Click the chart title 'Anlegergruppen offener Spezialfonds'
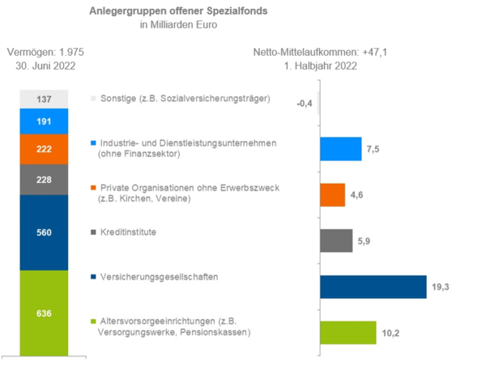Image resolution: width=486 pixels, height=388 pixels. (177, 12)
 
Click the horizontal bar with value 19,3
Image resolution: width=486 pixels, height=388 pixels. (373, 288)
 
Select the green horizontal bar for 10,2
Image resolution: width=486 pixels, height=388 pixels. (347, 333)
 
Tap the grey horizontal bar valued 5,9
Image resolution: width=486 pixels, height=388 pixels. (336, 241)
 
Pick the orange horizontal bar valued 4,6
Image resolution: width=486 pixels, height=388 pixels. (332, 195)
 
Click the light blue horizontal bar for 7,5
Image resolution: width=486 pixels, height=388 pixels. (340, 149)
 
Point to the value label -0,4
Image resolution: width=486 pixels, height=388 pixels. (305, 104)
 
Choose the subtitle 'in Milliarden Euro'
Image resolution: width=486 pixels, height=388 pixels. (177, 25)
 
